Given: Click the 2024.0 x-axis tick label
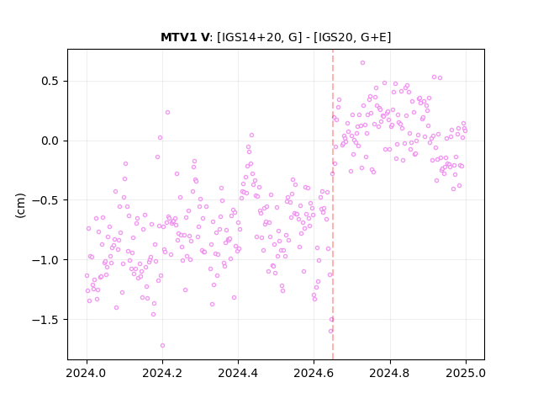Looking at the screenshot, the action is (x=87, y=373).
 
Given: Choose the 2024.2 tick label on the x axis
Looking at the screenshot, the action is (x=162, y=373).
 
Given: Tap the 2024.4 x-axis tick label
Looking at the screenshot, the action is (x=238, y=373).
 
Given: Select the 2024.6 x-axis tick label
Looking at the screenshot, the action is (x=314, y=373).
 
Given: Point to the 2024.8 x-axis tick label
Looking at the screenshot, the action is (x=390, y=373).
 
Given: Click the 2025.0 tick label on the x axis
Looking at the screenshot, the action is (x=466, y=373).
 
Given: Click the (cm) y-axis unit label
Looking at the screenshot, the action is (x=20, y=205).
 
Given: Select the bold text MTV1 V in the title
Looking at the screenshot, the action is (x=185, y=37).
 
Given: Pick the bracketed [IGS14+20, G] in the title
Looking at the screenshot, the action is (x=260, y=37).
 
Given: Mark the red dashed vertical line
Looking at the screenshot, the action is (x=333, y=205).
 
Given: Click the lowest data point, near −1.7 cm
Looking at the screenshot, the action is (x=162, y=346).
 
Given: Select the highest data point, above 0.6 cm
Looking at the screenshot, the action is (x=362, y=63).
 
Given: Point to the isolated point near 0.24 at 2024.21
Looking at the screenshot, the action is (x=168, y=112).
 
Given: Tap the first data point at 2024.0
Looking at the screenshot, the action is (x=87, y=275).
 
